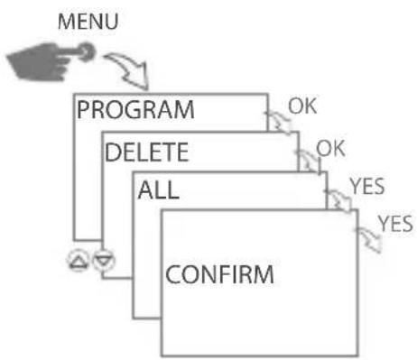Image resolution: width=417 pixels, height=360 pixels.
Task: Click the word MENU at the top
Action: [x=83, y=21]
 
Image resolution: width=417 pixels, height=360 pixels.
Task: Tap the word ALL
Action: [x=156, y=191]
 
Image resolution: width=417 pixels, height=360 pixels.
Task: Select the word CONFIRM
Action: [x=218, y=272]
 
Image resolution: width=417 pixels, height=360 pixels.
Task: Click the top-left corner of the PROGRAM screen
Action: [x=73, y=93]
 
